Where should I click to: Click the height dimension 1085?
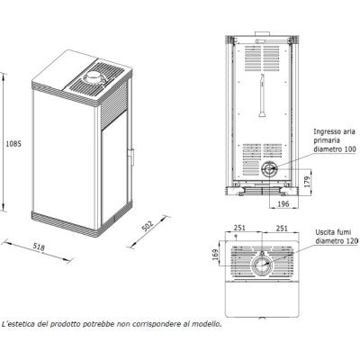[13, 144]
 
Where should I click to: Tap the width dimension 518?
[39, 247]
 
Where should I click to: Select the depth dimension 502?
[148, 226]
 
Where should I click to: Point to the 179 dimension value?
[308, 182]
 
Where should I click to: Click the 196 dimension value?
[283, 204]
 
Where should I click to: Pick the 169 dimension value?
[216, 255]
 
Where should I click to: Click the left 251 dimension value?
[239, 228]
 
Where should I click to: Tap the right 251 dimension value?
[282, 229]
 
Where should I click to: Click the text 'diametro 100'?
[335, 149]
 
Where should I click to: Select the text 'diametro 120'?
[337, 241]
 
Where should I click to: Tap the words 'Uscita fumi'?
[333, 232]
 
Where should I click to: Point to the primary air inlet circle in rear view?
[268, 170]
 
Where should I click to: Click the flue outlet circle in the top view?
[262, 265]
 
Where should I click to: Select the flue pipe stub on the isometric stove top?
[94, 77]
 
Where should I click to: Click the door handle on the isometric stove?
[130, 157]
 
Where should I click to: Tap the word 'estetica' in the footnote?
[22, 324]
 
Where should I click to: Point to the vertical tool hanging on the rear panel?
[261, 95]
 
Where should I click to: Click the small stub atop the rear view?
[263, 33]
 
